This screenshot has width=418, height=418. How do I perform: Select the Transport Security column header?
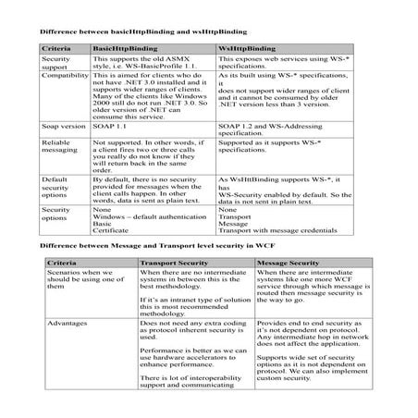click(x=169, y=264)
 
